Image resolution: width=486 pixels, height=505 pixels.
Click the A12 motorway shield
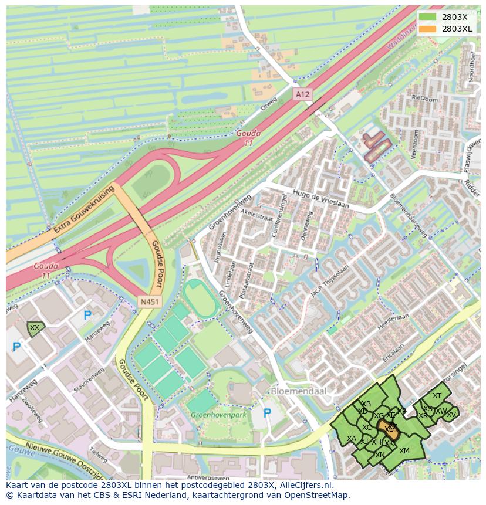pos(302,94)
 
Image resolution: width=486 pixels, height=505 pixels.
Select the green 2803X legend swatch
pos(428,17)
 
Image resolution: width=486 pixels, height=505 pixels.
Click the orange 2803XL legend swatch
pos(428,29)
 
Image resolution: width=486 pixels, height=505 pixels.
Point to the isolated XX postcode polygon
pos(35,328)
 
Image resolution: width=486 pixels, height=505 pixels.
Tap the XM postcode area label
pos(404,450)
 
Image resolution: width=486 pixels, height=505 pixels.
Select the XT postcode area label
pos(437,396)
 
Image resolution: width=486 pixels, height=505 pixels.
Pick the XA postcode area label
pos(352,439)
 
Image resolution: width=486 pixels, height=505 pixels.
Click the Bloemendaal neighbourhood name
pos(298,391)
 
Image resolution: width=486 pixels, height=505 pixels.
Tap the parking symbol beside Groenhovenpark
pos(267,413)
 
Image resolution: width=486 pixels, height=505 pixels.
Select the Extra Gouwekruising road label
pos(83,210)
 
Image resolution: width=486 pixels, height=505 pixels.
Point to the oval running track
pos(201,298)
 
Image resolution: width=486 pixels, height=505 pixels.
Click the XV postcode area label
pos(451,414)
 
